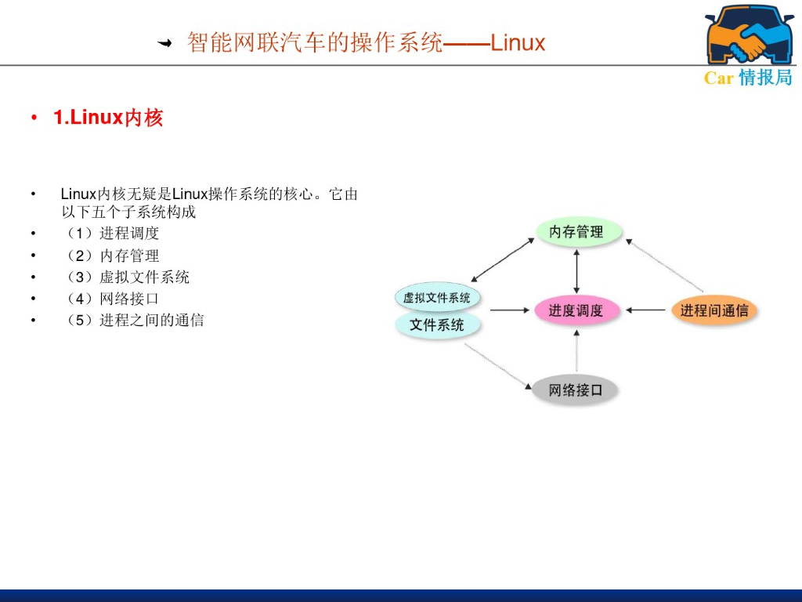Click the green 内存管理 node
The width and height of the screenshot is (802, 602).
coord(577,232)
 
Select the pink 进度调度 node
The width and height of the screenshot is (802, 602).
coord(576,310)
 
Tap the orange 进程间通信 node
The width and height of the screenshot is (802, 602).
coord(713,310)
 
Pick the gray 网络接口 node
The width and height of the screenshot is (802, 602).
coord(576,390)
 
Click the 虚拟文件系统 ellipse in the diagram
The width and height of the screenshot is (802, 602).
coord(437,297)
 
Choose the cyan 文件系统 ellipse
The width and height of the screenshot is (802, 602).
coord(437,325)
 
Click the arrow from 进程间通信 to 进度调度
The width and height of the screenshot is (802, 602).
coord(646,310)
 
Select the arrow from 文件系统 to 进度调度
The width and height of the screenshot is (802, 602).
coord(509,310)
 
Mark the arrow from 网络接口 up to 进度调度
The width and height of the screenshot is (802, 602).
coord(577,350)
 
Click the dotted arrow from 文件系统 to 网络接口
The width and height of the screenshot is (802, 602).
coord(498,365)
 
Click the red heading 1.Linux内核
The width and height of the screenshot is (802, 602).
coord(108,118)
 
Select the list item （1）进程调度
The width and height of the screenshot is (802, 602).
coord(113,234)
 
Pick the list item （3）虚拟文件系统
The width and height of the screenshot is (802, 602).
coord(128,277)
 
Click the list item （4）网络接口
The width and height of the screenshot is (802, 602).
coord(113,299)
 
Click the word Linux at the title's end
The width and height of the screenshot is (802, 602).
coord(518,42)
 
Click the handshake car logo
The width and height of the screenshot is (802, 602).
coord(749,35)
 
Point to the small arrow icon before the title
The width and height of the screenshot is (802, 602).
coord(165,43)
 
